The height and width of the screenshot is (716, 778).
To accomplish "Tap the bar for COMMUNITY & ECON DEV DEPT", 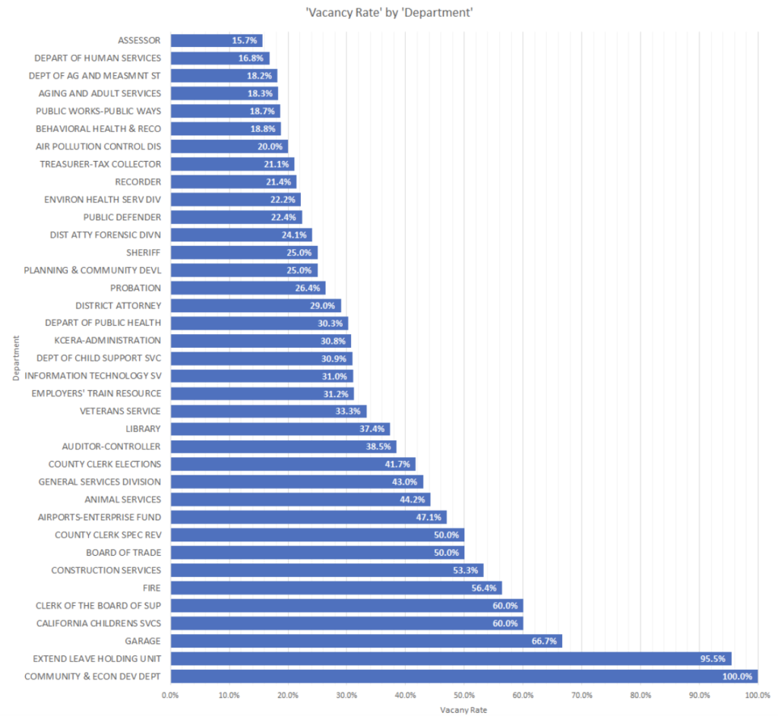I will click(463, 676).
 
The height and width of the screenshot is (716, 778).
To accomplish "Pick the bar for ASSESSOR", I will click(216, 40).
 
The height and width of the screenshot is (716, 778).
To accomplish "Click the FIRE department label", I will click(151, 588).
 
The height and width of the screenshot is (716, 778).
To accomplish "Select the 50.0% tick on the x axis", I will click(463, 694).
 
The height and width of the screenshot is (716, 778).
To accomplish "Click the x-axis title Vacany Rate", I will click(463, 710).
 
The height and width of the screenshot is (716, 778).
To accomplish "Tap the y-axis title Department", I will click(15, 358).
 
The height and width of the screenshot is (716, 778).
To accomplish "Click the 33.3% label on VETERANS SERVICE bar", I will click(350, 412).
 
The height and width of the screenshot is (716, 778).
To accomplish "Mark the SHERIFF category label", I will click(144, 252).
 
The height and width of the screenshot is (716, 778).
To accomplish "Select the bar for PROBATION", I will click(248, 288).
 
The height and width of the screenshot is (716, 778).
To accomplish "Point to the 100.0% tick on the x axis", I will click(757, 694).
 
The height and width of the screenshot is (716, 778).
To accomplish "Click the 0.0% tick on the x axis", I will click(171, 694).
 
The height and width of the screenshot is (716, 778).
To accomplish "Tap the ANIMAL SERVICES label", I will click(123, 500).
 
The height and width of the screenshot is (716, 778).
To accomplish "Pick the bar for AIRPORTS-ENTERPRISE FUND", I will click(308, 517).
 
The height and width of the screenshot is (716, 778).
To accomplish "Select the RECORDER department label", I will click(138, 181).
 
